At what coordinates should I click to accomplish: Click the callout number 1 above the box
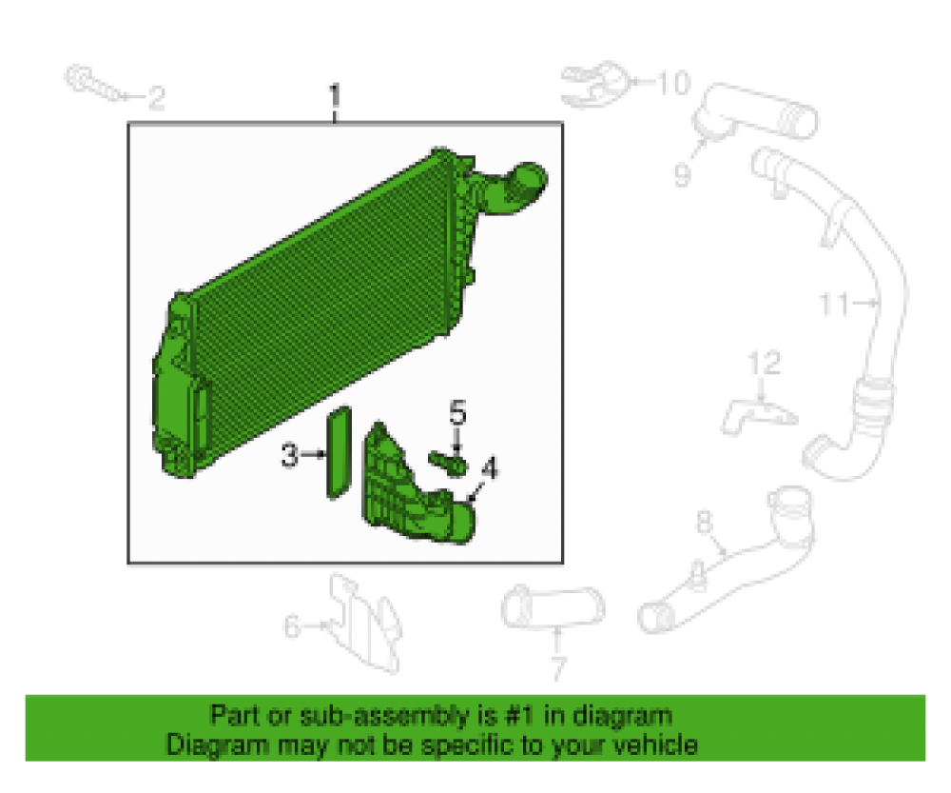coord(334,97)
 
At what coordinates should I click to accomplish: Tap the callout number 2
coord(157,98)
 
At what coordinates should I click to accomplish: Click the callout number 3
coord(290,455)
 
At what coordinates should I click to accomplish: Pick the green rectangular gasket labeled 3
coord(339,452)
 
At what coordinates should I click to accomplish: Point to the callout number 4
coord(489,467)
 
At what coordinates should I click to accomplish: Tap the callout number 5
coord(458,412)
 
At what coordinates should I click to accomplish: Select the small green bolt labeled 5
coord(448,463)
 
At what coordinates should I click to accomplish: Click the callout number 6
coord(292,626)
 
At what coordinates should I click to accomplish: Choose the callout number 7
coord(558,668)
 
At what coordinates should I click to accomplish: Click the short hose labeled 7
coord(553,607)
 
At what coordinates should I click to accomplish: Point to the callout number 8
coord(704,522)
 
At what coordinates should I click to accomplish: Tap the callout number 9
coord(682,175)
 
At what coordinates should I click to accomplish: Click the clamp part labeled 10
coord(594,84)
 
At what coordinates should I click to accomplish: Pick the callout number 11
coord(834,304)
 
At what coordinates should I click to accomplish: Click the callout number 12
coord(765,363)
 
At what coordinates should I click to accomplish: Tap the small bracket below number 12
coord(758,416)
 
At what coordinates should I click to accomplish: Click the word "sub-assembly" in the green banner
coord(383,715)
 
